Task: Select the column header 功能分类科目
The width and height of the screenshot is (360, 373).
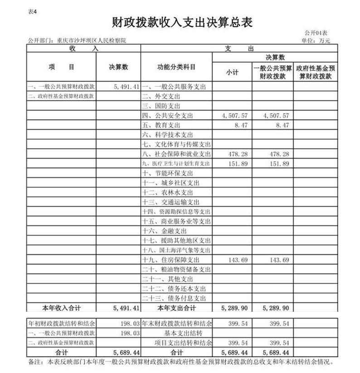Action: pos(176,67)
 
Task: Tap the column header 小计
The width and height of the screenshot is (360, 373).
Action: pos(232,72)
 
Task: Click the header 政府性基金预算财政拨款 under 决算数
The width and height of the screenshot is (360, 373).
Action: pos(316,72)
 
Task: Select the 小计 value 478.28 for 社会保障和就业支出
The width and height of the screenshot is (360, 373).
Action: pos(238,154)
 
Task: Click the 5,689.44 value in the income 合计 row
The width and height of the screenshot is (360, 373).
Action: pos(125,352)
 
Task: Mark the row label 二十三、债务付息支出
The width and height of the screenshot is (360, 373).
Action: pos(174,298)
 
